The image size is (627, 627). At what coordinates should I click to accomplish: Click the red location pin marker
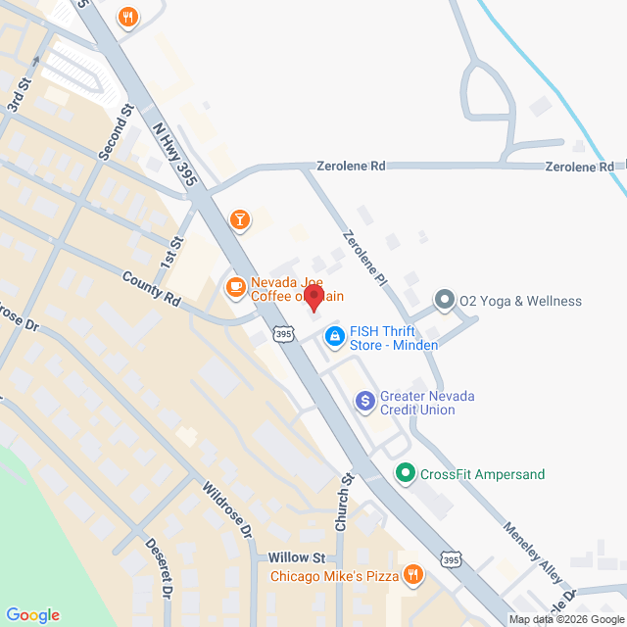[x=313, y=297]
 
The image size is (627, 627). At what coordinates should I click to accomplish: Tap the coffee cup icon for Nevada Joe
[x=234, y=287]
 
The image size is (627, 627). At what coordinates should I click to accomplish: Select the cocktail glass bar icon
[x=239, y=219]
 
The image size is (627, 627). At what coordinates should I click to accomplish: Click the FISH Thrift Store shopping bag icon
[x=335, y=337]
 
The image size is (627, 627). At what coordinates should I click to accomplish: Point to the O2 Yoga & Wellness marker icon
[x=445, y=301]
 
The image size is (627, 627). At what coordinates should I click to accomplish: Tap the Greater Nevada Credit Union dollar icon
[x=364, y=400]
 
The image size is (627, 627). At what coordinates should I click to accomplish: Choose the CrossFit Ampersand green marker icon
[x=406, y=474]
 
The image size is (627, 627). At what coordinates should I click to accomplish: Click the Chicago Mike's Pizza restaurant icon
[x=413, y=575]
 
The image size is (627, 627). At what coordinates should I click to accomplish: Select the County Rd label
[x=152, y=292]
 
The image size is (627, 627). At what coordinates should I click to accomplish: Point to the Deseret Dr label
[x=159, y=567]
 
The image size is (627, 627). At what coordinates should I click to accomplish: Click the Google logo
[x=32, y=615]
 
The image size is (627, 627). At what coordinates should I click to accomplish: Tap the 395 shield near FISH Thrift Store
[x=283, y=335]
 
